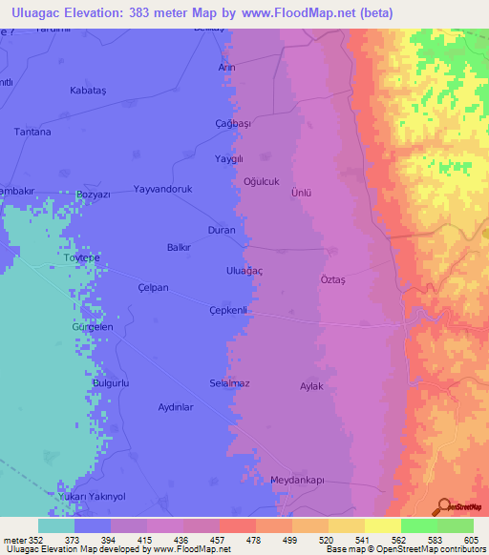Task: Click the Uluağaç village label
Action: pos(244,272)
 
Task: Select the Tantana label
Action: pos(32,132)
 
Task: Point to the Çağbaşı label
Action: pos(232,124)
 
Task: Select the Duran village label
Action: pos(222,230)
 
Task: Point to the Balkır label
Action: pos(180,247)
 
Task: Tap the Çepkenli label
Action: pos(228,310)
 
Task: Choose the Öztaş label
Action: pos(331,279)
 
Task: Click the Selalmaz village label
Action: pos(229,383)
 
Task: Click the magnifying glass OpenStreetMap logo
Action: pos(442,505)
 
